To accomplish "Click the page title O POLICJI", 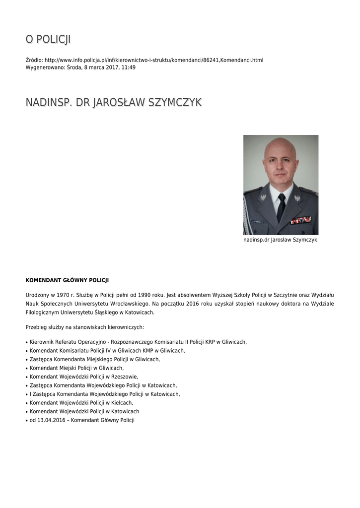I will [x=48, y=39].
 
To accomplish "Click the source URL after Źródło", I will [x=154, y=60].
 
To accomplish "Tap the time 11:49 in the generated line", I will [x=129, y=67].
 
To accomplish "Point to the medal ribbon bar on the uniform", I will [x=301, y=220].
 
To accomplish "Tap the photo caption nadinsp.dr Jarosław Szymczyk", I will [x=280, y=240].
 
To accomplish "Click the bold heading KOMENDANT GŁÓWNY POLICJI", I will [x=67, y=280].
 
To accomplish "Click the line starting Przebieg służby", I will [x=84, y=327].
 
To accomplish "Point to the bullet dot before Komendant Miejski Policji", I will [x=27, y=368].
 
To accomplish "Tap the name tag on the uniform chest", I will [x=257, y=221].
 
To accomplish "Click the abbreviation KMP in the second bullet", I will [x=150, y=350].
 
